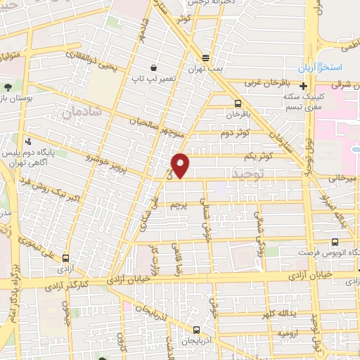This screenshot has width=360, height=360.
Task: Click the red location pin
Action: click(181, 165)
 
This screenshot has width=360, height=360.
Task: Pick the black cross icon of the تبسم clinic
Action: click(303, 86)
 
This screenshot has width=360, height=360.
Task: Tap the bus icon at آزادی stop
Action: click(65, 258)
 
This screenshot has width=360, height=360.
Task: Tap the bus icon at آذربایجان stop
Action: click(195, 328)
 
